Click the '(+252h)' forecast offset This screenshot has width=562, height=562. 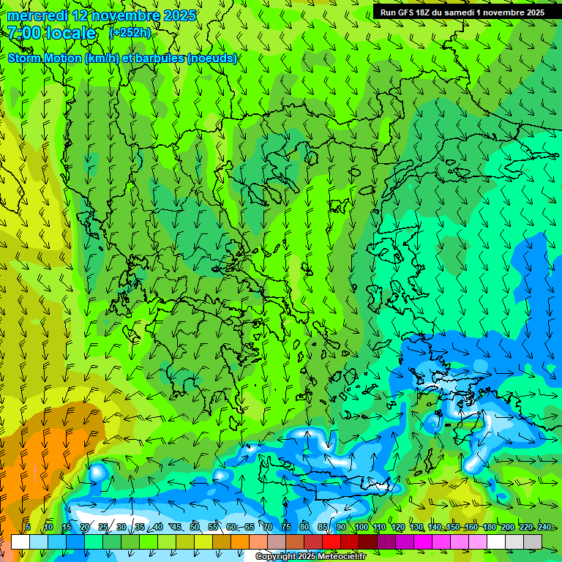point(130,33)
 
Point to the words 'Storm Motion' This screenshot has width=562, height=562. point(44,58)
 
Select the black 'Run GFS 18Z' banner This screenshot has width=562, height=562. point(462,12)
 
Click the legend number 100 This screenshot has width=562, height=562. point(361,528)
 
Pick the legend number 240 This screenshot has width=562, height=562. point(544,528)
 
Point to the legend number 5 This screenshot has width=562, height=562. point(28,528)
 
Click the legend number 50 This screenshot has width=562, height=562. point(194,528)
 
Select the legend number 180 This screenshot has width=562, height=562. point(489,528)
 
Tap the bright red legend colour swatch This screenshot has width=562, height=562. point(331,542)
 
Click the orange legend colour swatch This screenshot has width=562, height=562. point(222,542)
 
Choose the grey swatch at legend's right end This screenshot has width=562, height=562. point(533,542)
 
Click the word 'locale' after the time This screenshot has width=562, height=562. point(71,34)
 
